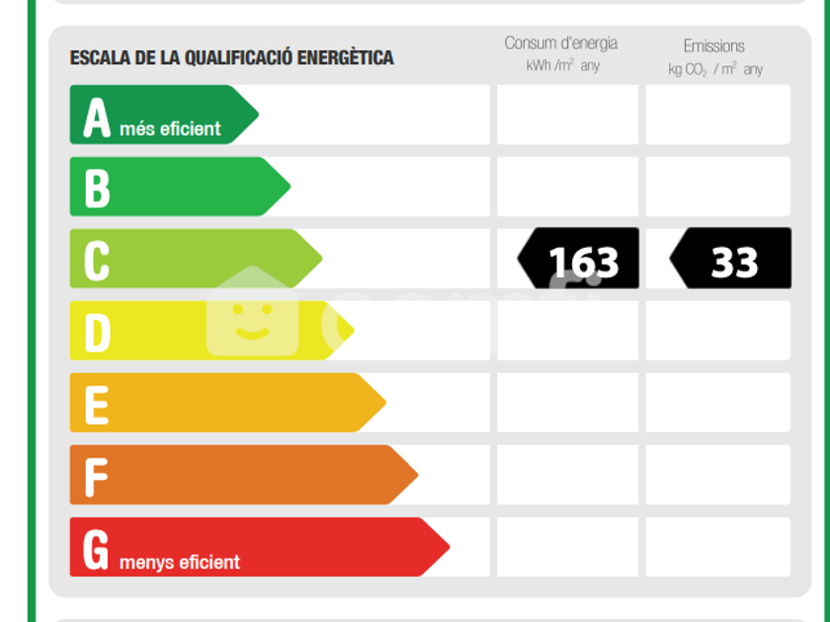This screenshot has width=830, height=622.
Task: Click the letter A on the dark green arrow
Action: click(97, 117)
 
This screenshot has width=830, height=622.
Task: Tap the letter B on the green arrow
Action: click(98, 188)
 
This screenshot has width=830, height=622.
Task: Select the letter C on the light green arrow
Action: click(97, 261)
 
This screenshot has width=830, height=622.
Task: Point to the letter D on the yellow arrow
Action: click(98, 332)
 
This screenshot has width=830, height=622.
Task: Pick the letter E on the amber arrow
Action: click(97, 405)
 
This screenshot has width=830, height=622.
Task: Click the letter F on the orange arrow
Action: click(96, 477)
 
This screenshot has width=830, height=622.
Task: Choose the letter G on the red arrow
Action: click(96, 550)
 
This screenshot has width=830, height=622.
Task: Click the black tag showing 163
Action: click(578, 258)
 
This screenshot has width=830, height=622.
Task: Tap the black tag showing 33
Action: click(730, 258)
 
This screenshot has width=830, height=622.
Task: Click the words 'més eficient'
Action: click(170, 128)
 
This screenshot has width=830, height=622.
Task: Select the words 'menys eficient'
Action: click(180, 562)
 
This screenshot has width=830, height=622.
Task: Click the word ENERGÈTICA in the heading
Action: click(345, 57)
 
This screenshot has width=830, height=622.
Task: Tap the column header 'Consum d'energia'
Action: click(560, 42)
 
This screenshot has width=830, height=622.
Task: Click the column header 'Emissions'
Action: click(714, 46)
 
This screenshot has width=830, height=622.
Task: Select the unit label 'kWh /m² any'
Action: click(562, 65)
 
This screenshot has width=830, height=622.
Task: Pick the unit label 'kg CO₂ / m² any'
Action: click(715, 69)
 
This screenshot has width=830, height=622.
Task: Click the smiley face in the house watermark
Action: click(253, 321)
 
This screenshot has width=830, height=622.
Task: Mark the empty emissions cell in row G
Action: click(717, 547)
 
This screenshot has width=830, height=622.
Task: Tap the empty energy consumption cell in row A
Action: click(567, 115)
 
